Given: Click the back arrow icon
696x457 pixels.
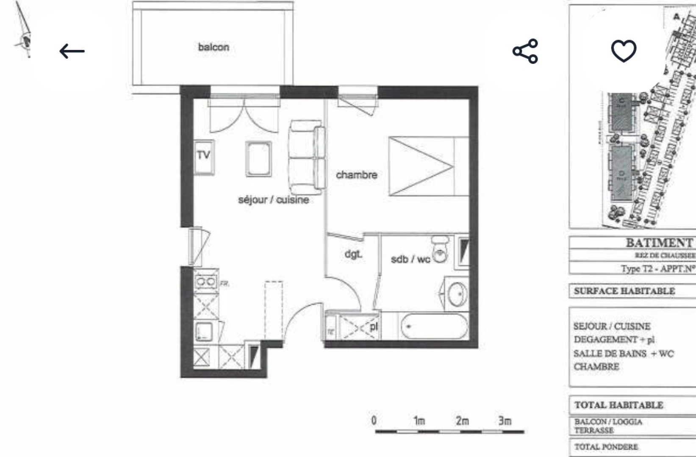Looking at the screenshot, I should coord(72,51).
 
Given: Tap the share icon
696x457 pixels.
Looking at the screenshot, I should coord(525,51).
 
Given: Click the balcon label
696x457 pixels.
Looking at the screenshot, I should coord(214,47).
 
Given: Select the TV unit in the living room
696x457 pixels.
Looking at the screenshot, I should coord(204,156).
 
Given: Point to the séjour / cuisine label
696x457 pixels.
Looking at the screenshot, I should coord(273,200).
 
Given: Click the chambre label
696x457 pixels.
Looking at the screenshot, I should coord(356,175).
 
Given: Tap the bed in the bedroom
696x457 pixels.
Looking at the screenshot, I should coord(428,166).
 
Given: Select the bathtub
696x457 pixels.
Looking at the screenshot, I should coord(434,326).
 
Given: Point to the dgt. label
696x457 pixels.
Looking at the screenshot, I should coord(353,254).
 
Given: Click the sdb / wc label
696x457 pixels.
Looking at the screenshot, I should coord(410,259).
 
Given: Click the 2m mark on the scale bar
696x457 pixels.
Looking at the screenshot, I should coord(463,421).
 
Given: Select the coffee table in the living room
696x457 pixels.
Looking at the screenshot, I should coord(258,159).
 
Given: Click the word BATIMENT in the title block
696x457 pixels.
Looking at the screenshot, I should coord(659,243).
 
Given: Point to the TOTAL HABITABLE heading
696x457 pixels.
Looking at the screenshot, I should coord(618,405).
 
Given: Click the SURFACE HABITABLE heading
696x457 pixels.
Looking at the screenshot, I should coord(624,291).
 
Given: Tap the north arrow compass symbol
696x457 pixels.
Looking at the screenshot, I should coord(24,34).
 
